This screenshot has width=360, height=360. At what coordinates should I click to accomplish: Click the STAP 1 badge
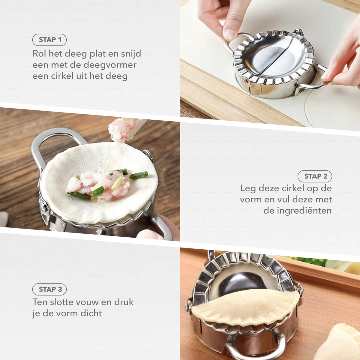click(x=49, y=40)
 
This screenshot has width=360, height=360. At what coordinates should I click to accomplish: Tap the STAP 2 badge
click(x=315, y=176)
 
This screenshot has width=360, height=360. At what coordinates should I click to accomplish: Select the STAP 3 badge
click(x=49, y=289)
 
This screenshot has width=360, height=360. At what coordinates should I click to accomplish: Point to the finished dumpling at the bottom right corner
click(x=345, y=342)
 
